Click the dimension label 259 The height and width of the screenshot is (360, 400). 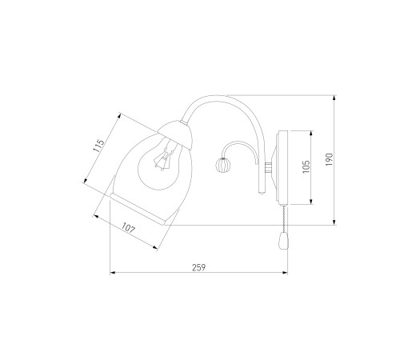[199, 267]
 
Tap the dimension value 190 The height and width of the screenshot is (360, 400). [330, 159]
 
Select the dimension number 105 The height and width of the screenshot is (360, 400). [306, 166]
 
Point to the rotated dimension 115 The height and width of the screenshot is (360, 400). [98, 146]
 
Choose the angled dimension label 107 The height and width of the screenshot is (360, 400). [129, 229]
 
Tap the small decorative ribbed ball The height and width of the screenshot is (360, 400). [222, 165]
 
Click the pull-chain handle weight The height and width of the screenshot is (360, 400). [282, 241]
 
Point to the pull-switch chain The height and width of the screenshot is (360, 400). [284, 218]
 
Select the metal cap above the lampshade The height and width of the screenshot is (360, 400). [176, 134]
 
